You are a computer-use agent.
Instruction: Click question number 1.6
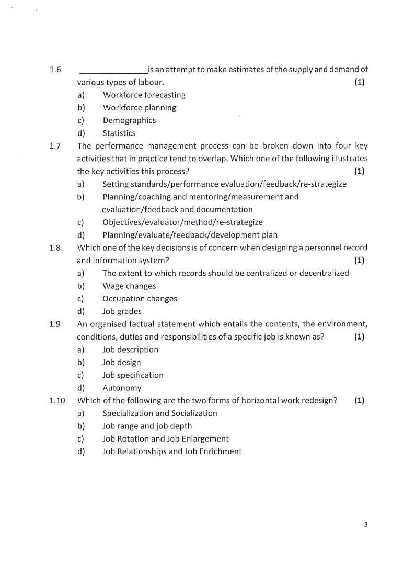[55, 70]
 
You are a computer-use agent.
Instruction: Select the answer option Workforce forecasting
[144, 95]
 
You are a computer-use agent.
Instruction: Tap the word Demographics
[129, 120]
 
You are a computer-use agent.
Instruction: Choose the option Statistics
[119, 133]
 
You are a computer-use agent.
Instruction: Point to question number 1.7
[55, 146]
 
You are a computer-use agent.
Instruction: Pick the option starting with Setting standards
[224, 184]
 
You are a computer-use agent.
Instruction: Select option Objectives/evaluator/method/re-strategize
[182, 222]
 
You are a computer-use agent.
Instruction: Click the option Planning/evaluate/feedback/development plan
[190, 235]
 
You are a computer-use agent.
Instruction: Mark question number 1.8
[55, 248]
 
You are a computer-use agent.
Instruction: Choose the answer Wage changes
[129, 286]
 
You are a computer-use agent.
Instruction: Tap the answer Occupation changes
[140, 299]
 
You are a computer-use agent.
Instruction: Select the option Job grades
[122, 312]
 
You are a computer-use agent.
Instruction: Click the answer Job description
[130, 349]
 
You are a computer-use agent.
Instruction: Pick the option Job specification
[133, 375]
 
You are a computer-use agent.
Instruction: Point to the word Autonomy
[122, 388]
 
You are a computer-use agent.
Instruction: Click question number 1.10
[57, 401]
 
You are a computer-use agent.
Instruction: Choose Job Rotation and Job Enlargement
[165, 439]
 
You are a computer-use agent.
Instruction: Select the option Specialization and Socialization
[159, 413]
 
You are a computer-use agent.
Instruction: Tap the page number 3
[366, 525]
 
